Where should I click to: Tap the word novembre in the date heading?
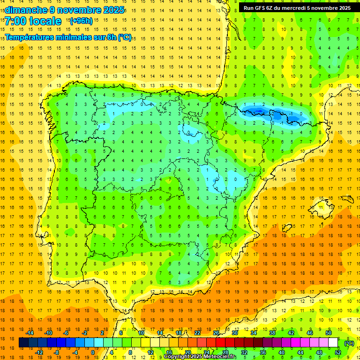(x=79, y=10)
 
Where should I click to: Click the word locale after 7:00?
(x=46, y=21)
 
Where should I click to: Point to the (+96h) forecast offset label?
(x=81, y=21)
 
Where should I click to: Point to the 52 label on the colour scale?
(x=338, y=352)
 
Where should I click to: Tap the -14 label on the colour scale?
(x=30, y=333)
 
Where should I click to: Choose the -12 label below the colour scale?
(x=39, y=352)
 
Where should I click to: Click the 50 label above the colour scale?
(x=329, y=333)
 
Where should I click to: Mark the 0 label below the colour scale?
(x=93, y=352)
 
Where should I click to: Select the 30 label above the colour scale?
(x=235, y=333)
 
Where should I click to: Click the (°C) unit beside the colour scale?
(x=349, y=343)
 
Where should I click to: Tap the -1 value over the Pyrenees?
(x=291, y=113)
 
